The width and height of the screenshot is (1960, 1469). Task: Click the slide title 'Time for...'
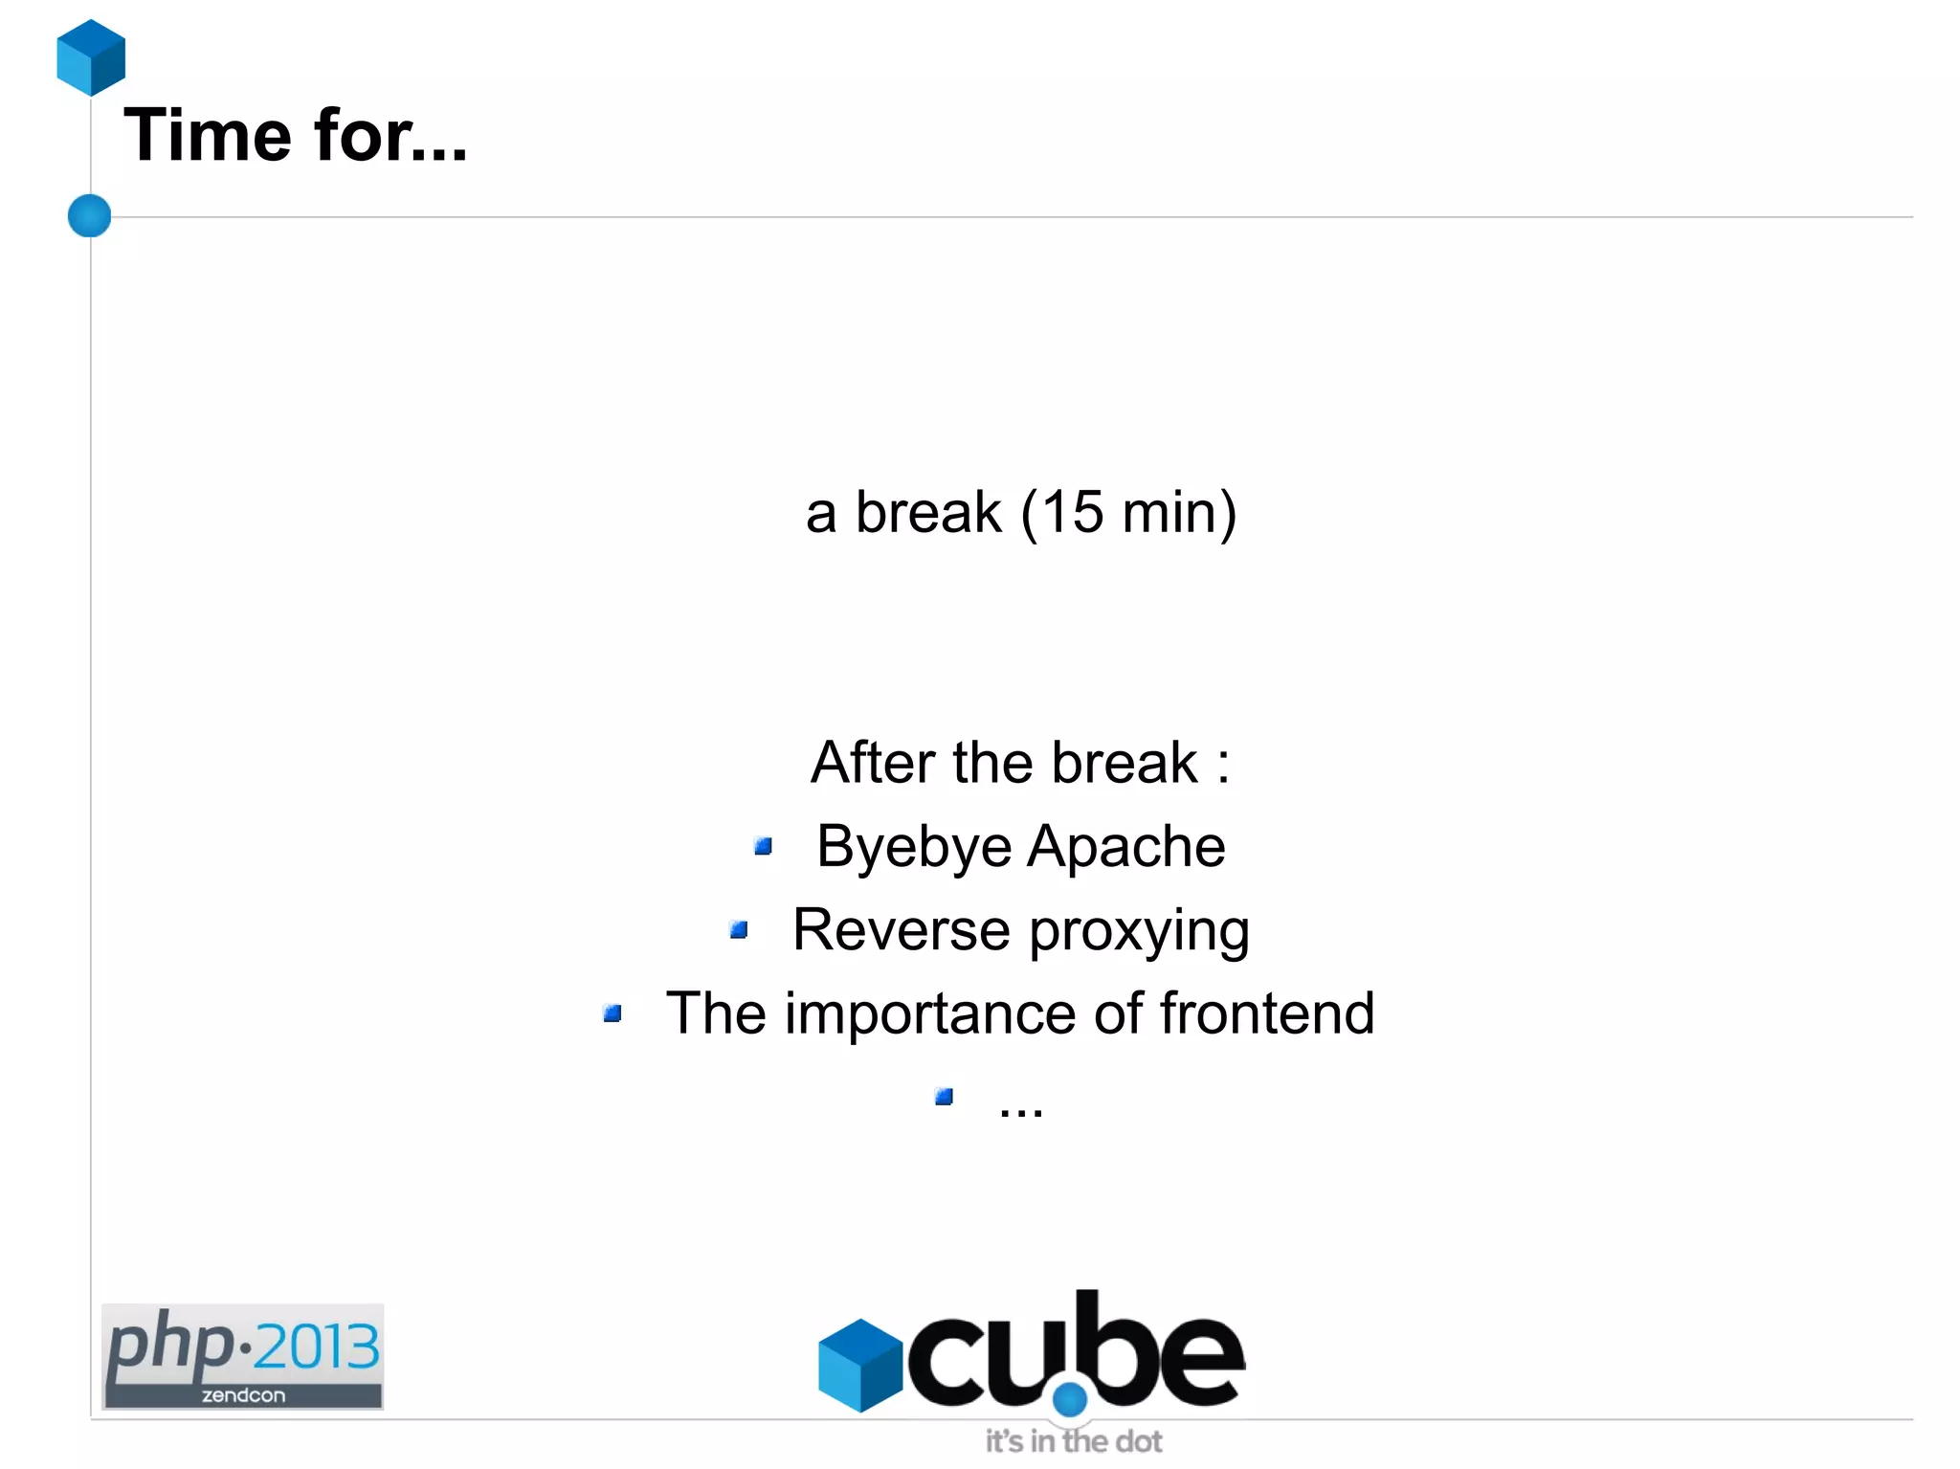click(x=295, y=135)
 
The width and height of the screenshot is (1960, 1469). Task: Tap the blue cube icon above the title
click(x=91, y=57)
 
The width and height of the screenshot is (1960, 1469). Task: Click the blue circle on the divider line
click(x=90, y=215)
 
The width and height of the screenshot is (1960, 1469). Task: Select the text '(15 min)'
click(x=1128, y=513)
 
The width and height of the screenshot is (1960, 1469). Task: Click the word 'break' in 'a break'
click(x=927, y=512)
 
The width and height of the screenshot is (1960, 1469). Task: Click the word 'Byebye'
click(x=913, y=848)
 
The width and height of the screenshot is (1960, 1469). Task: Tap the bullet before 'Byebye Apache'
click(x=763, y=846)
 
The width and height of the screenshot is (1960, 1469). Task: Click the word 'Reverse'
click(x=901, y=929)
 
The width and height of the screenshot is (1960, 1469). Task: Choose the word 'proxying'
click(x=1139, y=931)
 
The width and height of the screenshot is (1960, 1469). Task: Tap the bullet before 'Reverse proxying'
click(x=738, y=929)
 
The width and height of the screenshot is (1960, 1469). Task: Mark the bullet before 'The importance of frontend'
click(x=612, y=1013)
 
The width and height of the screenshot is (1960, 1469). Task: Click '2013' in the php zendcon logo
click(x=317, y=1347)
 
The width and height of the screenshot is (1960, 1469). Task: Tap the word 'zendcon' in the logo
click(x=243, y=1395)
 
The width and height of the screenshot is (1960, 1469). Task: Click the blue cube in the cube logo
click(x=859, y=1365)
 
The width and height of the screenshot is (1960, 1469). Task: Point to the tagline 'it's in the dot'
click(x=1073, y=1441)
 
